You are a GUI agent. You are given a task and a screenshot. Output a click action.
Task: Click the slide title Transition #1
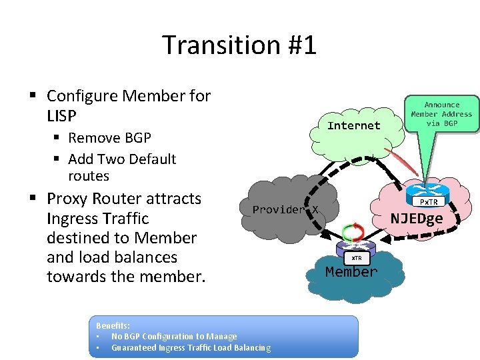coord(239,45)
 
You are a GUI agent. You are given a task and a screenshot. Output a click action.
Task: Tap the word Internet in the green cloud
coord(354,125)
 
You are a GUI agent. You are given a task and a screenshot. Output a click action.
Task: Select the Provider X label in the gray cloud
coord(285,209)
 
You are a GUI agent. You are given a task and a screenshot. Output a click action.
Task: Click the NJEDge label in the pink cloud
coord(417,218)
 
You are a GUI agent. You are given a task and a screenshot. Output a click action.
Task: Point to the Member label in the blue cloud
coord(351,272)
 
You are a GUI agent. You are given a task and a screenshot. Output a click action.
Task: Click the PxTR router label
coord(428,201)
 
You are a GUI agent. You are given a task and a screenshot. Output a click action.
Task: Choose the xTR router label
coord(357,258)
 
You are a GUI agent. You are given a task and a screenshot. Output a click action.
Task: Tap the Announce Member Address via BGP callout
coord(441,114)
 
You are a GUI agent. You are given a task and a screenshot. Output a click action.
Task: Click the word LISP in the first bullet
coord(62,116)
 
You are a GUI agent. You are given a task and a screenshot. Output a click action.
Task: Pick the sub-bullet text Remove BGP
coord(109,138)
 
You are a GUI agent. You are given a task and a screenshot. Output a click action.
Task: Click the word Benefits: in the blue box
coord(114,325)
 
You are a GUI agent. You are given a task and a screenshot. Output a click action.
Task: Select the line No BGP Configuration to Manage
coord(173,336)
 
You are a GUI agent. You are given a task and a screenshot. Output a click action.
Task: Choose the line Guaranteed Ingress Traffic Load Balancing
coord(191,347)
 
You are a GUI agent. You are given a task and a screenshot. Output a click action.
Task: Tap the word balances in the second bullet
coord(145,257)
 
